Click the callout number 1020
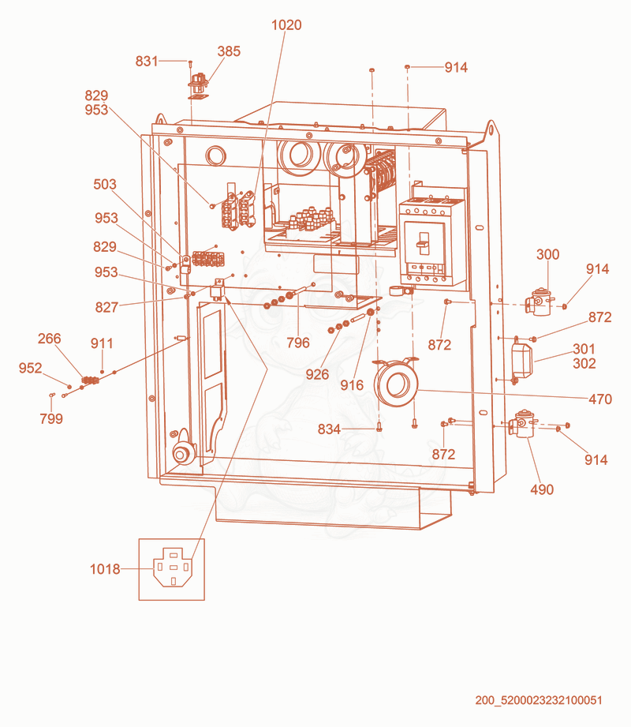[x=286, y=24]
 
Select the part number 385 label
[x=229, y=51]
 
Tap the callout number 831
[x=147, y=62]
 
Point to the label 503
[x=105, y=185]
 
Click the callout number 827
[x=106, y=307]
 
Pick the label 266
[x=49, y=339]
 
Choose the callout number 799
[x=51, y=418]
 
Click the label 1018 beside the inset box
[x=105, y=569]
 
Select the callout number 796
[x=298, y=343]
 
